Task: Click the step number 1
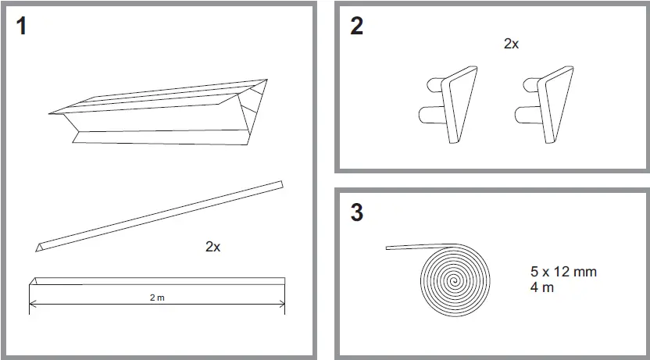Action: click(21, 27)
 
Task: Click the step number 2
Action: click(357, 27)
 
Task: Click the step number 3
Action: click(357, 212)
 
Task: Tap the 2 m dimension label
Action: click(157, 298)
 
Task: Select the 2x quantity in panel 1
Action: click(212, 247)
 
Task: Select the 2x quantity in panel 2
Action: click(511, 45)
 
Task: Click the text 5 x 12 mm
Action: click(564, 273)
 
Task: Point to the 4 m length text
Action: click(542, 288)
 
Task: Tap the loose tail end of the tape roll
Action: click(390, 248)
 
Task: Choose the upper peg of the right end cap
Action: click(528, 85)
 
